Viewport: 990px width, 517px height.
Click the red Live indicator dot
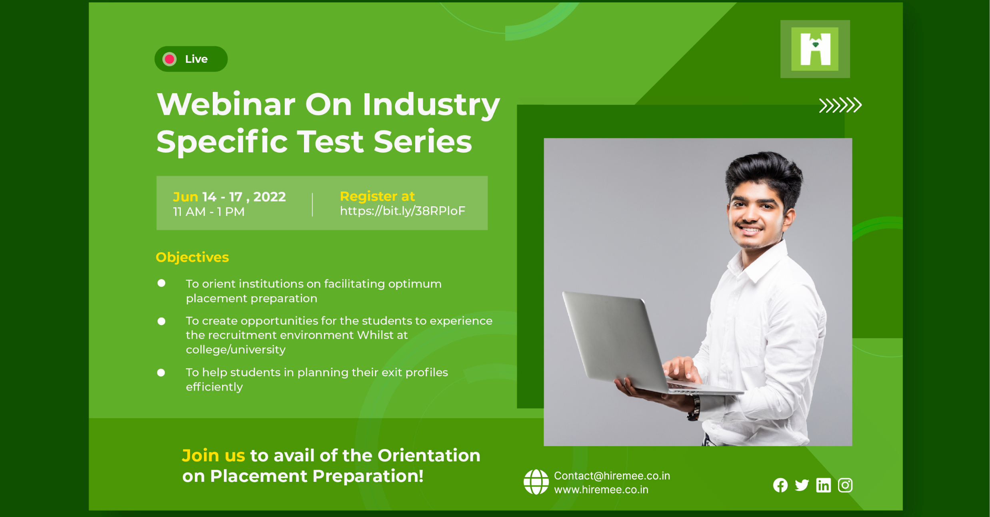click(x=170, y=59)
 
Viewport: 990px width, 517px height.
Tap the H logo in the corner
click(x=815, y=49)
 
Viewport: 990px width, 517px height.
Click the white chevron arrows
click(x=840, y=105)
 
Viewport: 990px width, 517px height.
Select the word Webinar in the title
click(x=226, y=104)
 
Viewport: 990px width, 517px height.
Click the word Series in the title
click(x=423, y=142)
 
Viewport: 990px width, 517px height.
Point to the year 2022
click(x=270, y=197)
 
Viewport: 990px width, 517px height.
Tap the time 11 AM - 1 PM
click(x=208, y=212)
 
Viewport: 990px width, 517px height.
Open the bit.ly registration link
click(x=402, y=211)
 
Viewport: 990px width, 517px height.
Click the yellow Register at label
click(x=377, y=196)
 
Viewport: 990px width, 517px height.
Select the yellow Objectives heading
click(x=192, y=257)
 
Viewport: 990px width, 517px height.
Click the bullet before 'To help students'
click(x=161, y=373)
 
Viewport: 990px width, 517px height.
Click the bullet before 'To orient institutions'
click(x=161, y=283)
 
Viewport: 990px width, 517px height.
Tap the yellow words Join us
click(x=213, y=455)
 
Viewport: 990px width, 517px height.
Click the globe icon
click(x=536, y=482)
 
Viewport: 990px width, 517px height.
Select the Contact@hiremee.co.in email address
click(x=612, y=476)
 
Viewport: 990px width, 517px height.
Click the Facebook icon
click(x=780, y=485)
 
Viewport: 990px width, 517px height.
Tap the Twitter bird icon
click(x=802, y=485)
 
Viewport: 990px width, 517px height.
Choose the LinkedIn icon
click(x=823, y=485)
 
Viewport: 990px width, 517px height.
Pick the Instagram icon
click(x=845, y=485)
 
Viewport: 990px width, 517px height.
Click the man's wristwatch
click(x=694, y=408)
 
